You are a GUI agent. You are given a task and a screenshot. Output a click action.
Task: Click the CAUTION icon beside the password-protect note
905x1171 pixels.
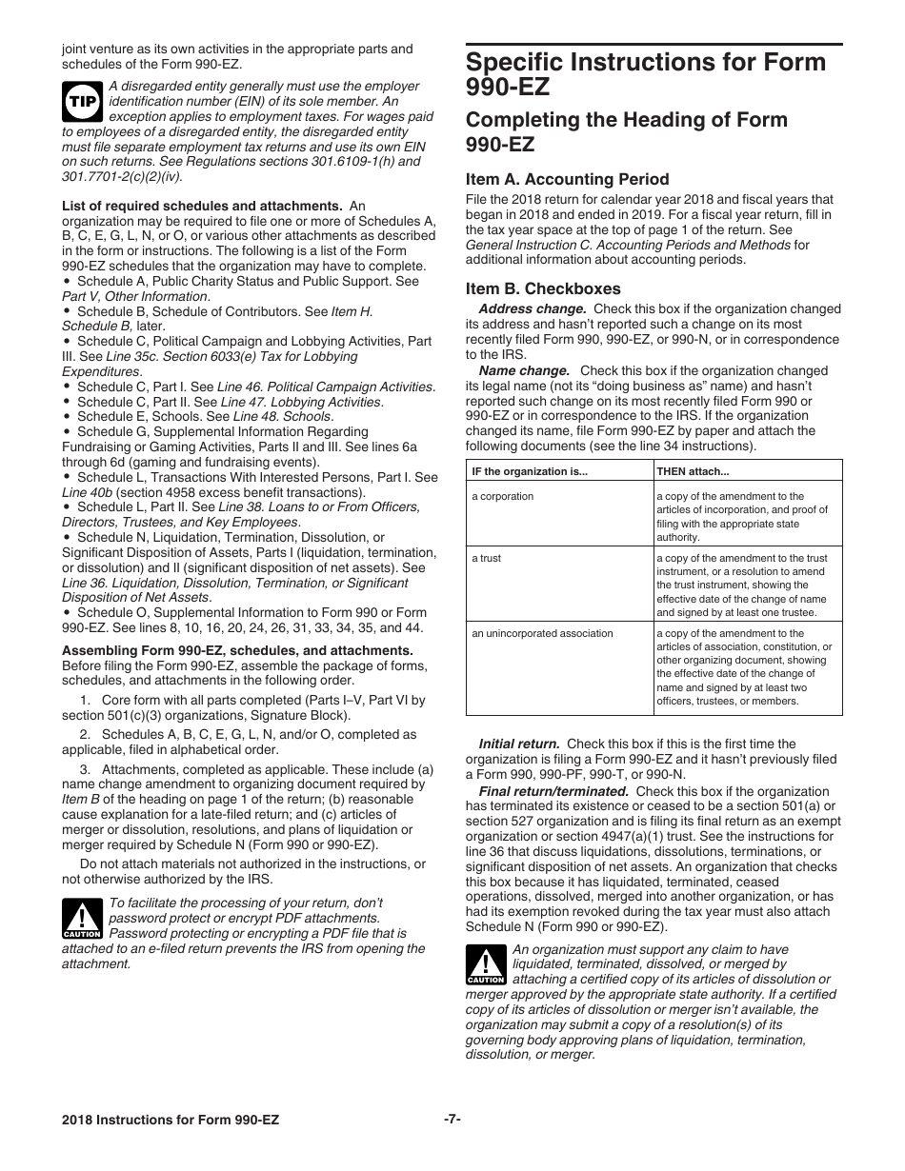point(82,919)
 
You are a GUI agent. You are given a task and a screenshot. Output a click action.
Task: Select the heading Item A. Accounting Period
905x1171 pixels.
point(567,179)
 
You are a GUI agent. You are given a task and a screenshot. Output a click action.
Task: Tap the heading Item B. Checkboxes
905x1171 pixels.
point(543,288)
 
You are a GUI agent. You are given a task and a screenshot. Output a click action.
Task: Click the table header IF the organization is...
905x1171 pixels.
point(530,470)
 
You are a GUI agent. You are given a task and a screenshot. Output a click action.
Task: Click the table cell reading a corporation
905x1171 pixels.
point(503,496)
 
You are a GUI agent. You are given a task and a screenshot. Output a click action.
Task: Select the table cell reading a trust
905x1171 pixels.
point(486,558)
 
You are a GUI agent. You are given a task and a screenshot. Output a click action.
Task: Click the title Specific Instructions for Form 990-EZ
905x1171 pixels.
point(646,75)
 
